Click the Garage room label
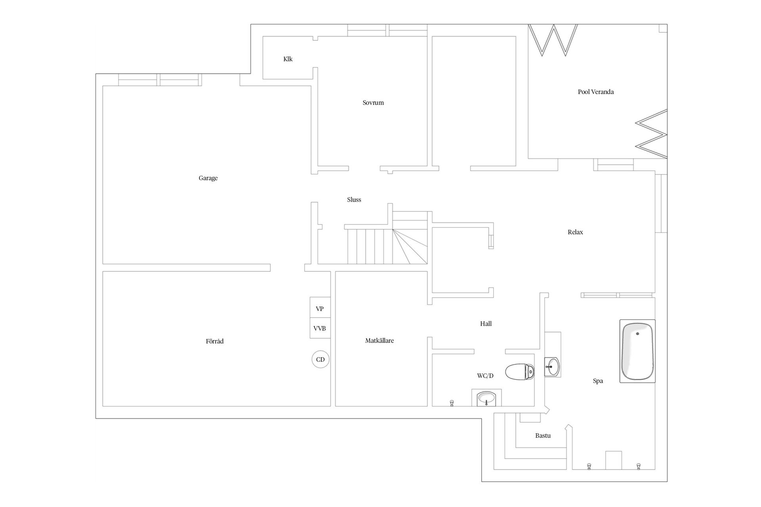pos(208,178)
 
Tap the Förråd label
pos(215,341)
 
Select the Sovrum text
pos(373,103)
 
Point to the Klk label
pos(288,59)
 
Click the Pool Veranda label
pos(596,92)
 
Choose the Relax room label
pos(576,232)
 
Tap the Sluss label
pos(354,200)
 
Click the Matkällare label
pos(380,341)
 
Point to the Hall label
pos(486,324)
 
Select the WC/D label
pos(486,375)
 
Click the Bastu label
pos(543,436)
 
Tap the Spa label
pos(598,381)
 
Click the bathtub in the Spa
pos(637,351)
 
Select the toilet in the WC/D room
pos(520,372)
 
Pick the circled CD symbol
pos(321,360)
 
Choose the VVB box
pos(320,328)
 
